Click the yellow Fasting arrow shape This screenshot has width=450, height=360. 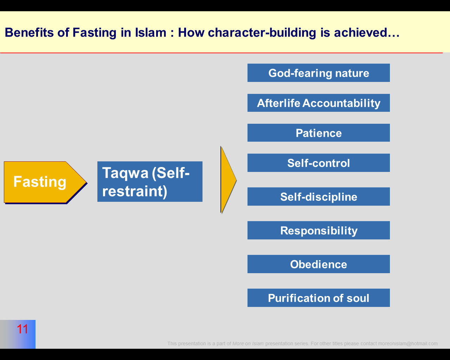(x=42, y=182)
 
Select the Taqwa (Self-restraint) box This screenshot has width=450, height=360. (x=150, y=181)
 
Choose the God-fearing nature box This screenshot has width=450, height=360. (x=319, y=73)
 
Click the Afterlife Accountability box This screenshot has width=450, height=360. (x=319, y=103)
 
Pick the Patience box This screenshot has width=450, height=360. (x=319, y=133)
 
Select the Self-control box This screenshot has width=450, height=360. (x=319, y=163)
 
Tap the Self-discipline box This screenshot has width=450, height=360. (x=319, y=197)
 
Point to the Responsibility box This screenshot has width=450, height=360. (x=319, y=230)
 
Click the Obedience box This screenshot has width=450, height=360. (x=319, y=264)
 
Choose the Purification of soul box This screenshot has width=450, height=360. (x=319, y=298)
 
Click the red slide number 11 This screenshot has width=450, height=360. (x=22, y=329)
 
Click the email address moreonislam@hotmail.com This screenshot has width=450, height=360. (x=408, y=343)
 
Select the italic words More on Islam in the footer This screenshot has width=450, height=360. (x=248, y=343)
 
